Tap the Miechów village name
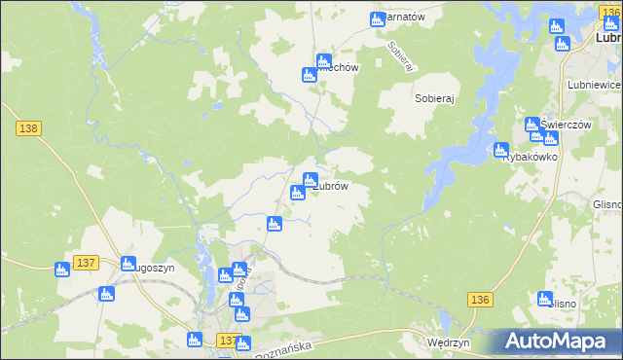(339, 68)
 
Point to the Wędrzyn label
(449, 343)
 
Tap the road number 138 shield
(27, 128)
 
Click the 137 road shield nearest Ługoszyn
(86, 264)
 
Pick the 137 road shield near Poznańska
(226, 342)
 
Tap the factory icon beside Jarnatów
(379, 19)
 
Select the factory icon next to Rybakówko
(500, 152)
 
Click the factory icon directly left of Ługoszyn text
(127, 264)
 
